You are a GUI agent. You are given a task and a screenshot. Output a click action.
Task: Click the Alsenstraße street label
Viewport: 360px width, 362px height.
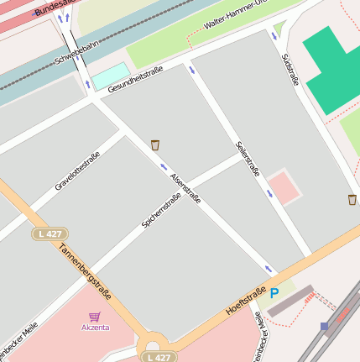(x=185, y=189)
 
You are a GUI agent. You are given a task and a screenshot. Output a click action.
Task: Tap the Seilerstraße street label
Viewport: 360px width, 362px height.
(x=248, y=159)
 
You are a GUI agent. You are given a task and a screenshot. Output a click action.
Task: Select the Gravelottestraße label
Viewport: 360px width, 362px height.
(x=78, y=171)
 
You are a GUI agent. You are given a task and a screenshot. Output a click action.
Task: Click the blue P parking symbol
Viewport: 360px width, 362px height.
(x=274, y=293)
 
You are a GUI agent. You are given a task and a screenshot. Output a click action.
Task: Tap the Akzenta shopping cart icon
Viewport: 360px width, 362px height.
(x=94, y=317)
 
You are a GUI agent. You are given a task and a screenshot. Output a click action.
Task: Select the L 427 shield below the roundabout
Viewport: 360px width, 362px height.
(x=157, y=357)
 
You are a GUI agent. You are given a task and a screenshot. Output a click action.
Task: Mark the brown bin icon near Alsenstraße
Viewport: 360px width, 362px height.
(x=155, y=145)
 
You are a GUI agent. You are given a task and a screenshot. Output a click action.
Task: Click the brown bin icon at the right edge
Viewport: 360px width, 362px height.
(x=352, y=199)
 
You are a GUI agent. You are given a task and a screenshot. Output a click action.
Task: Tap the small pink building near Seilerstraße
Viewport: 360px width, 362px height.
(x=284, y=187)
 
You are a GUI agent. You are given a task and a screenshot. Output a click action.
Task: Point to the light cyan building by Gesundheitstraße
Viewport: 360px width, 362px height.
(x=111, y=76)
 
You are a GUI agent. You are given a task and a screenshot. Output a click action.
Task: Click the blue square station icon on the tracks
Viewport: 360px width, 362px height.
(x=325, y=326)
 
